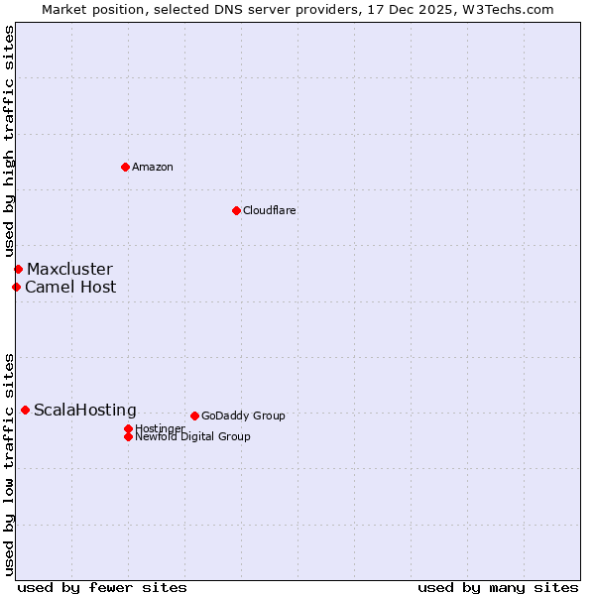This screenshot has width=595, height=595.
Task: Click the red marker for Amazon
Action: [x=125, y=167]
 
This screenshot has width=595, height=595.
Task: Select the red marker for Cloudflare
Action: [x=236, y=210]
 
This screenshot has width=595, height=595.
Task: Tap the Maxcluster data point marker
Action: [x=18, y=269]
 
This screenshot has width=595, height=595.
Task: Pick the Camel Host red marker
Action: [x=16, y=287]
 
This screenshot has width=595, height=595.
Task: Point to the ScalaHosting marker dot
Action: [x=25, y=410]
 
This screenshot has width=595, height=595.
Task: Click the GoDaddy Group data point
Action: [x=194, y=416]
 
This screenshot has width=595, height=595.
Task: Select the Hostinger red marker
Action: [x=128, y=428]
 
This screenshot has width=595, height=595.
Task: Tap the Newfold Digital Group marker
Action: [x=128, y=436]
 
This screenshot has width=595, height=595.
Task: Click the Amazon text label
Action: [x=153, y=167]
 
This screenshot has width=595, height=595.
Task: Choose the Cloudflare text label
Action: [x=270, y=210]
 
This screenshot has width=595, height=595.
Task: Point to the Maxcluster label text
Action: [x=69, y=269]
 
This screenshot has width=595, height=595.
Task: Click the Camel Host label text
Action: [x=70, y=287]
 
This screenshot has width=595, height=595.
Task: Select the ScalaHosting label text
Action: [x=85, y=410]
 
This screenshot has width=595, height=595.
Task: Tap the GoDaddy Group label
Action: [x=243, y=416]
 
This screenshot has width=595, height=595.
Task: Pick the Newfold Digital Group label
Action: [x=193, y=436]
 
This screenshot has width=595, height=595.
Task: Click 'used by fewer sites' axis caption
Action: [x=102, y=587]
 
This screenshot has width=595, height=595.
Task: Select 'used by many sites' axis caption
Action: [x=498, y=587]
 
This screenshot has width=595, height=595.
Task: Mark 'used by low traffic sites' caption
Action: [x=9, y=463]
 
